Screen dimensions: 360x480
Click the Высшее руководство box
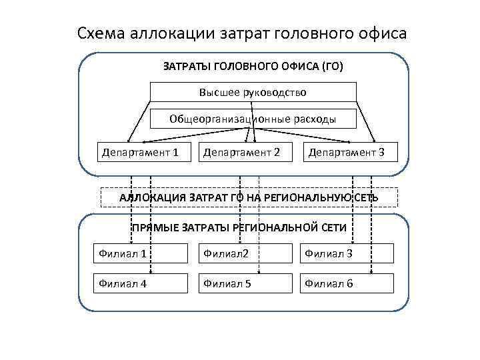(x=253, y=92)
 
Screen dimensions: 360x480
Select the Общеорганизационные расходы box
(x=253, y=119)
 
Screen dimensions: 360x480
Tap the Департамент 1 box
(x=141, y=153)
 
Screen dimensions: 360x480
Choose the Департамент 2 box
(x=241, y=153)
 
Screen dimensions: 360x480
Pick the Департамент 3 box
(x=346, y=153)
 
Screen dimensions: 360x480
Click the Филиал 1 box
(x=140, y=253)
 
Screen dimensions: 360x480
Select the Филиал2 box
(x=244, y=253)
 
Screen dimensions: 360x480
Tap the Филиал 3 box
(x=347, y=253)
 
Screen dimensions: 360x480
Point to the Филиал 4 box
(x=140, y=284)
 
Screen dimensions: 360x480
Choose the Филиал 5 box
(x=244, y=284)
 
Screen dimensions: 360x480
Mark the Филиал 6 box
(x=347, y=284)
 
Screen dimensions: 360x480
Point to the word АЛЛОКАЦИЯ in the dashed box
(x=153, y=198)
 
